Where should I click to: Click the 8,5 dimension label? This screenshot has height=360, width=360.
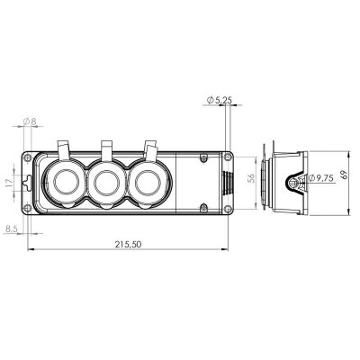click(x=13, y=229)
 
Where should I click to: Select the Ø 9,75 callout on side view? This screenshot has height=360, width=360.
click(x=319, y=180)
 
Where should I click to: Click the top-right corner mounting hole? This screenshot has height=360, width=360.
click(x=208, y=159)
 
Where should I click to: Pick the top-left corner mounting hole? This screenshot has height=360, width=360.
click(x=38, y=160)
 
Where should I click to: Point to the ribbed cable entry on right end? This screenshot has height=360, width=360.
click(x=227, y=184)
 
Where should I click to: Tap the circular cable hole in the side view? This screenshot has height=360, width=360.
click(x=293, y=184)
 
